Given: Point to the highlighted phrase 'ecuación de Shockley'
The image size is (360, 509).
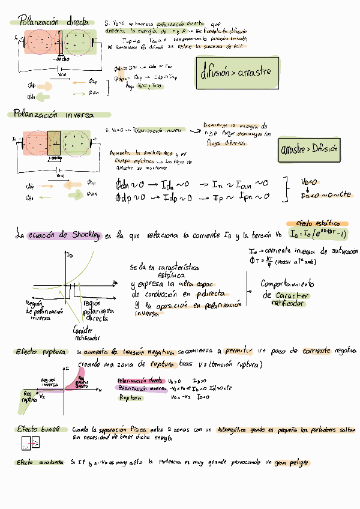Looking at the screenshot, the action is (66, 235).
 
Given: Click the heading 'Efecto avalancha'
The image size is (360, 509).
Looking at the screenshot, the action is (40, 463).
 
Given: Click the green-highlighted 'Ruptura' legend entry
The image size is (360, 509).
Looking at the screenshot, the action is (130, 398).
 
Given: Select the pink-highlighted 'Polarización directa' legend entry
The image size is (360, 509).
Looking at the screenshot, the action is (139, 381).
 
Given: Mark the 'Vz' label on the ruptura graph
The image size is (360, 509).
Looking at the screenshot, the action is (42, 397).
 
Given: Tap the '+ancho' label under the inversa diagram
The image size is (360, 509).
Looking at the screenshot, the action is (55, 158).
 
